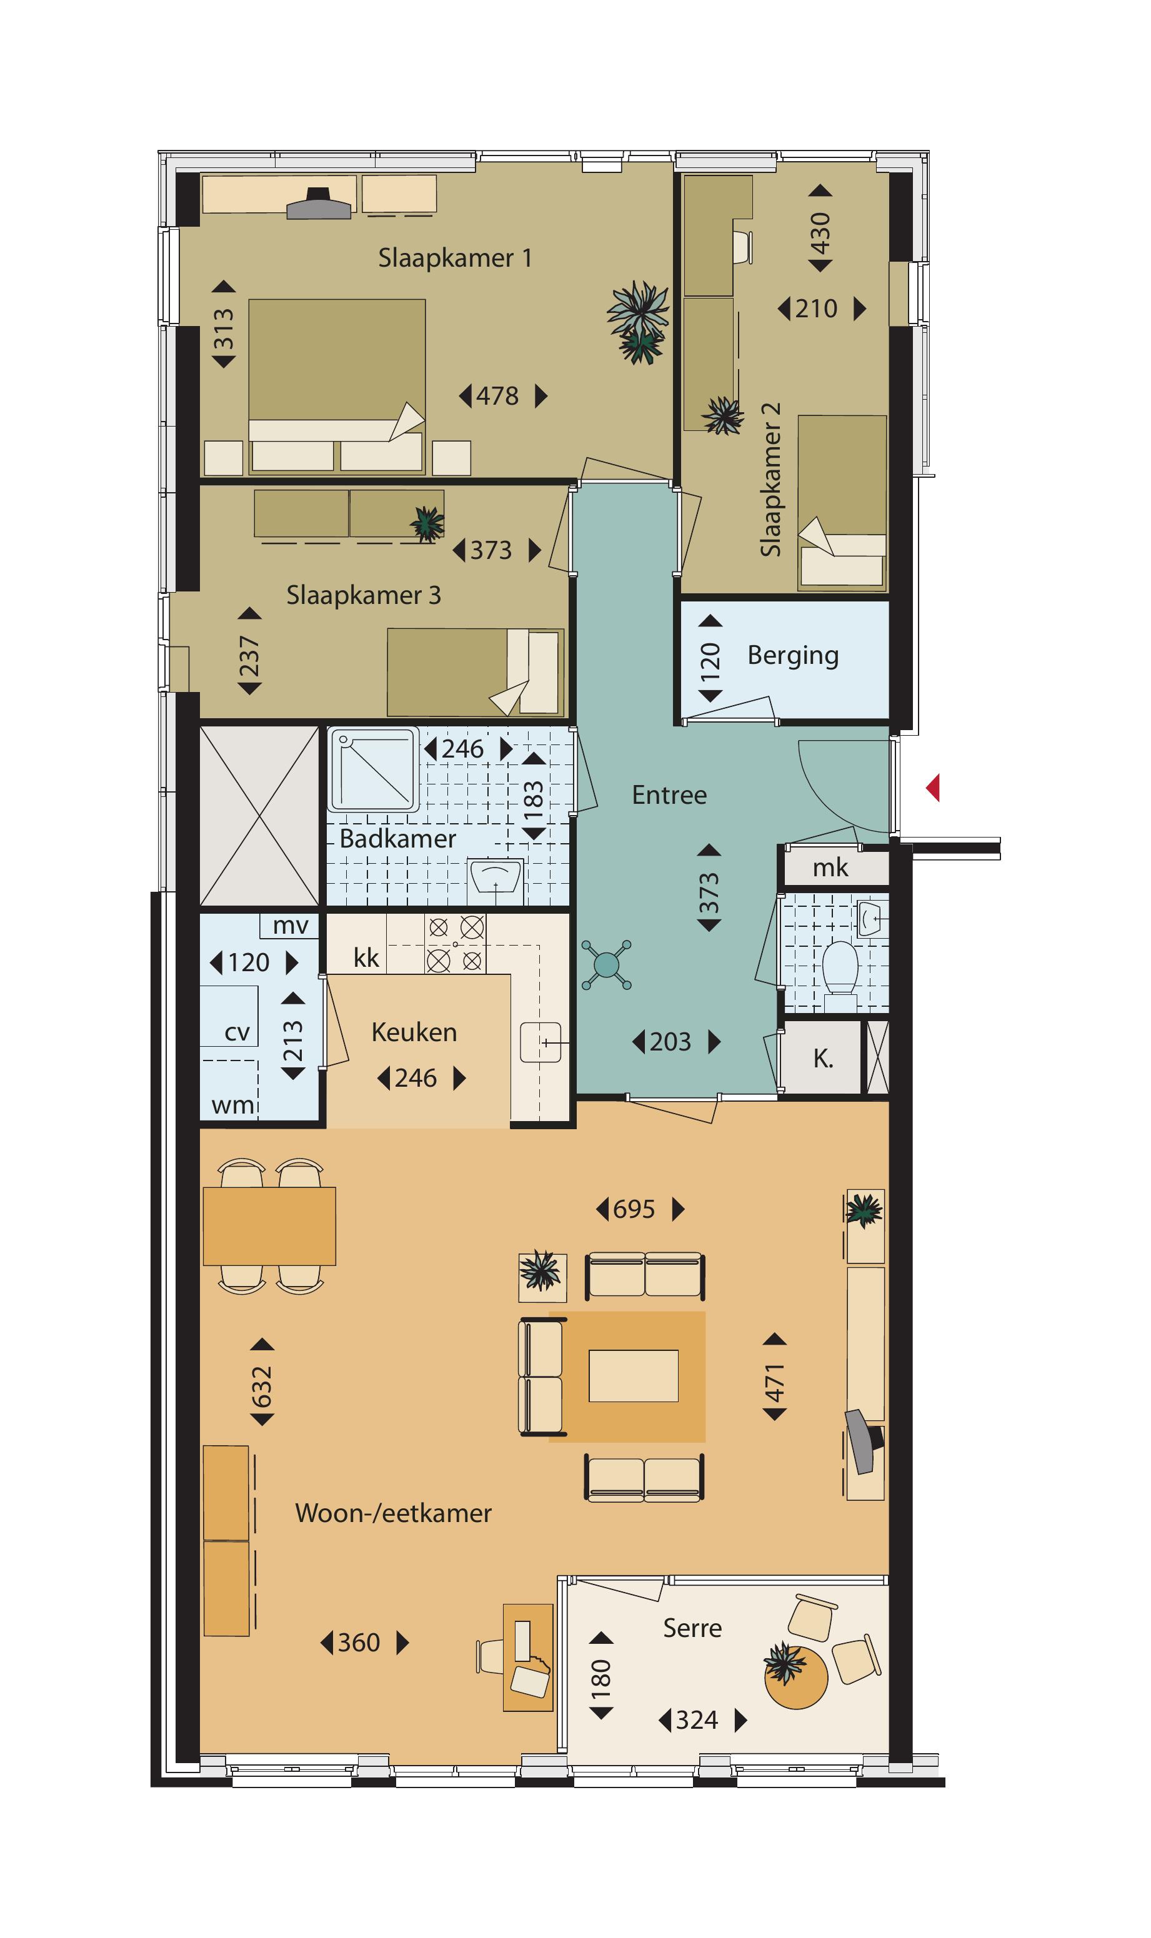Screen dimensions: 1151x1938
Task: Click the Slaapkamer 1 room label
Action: pyautogui.click(x=456, y=258)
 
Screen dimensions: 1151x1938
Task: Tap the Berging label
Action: pyautogui.click(x=793, y=656)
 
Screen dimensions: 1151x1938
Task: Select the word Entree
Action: pyautogui.click(x=669, y=795)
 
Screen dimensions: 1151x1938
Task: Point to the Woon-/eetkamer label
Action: pyautogui.click(x=393, y=1513)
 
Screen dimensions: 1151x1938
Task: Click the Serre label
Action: pyautogui.click(x=692, y=1628)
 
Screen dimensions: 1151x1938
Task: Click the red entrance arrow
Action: pyautogui.click(x=933, y=788)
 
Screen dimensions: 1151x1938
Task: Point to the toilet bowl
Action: pyautogui.click(x=840, y=968)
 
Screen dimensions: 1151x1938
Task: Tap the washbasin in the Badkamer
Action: pyautogui.click(x=496, y=880)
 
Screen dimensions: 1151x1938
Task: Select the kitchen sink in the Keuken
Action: pyautogui.click(x=541, y=1042)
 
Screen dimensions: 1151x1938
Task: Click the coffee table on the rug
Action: pyautogui.click(x=634, y=1376)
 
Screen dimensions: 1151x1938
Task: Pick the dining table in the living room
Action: pyautogui.click(x=269, y=1227)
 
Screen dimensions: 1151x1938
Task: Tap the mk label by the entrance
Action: pyautogui.click(x=830, y=868)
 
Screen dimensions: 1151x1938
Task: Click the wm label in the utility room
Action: pyautogui.click(x=232, y=1105)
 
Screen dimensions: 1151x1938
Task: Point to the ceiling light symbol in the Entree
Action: pyautogui.click(x=607, y=965)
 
